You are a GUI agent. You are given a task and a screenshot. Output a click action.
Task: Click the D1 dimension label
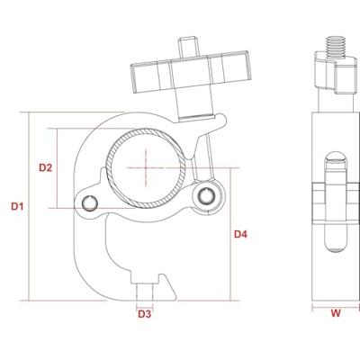pos(17,206)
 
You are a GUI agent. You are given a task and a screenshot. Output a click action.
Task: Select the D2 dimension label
pos(46,167)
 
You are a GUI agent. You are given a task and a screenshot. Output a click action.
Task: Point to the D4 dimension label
pos(240,234)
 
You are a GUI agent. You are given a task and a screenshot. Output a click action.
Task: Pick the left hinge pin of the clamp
pos(90,203)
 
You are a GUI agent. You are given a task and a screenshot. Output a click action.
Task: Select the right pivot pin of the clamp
pos(206,195)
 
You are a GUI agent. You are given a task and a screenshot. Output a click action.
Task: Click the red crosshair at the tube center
pos(146,167)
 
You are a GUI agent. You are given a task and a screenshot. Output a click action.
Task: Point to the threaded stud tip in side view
pos(337,47)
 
